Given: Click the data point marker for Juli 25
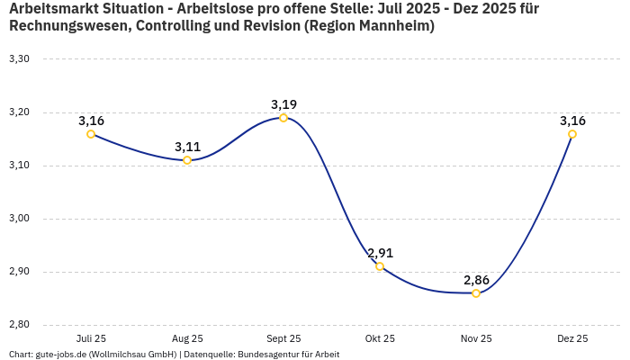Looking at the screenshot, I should (x=91, y=134).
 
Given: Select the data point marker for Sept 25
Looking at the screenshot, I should (x=283, y=118).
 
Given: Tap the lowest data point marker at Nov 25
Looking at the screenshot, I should (x=476, y=293).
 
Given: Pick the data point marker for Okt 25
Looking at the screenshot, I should (x=380, y=266).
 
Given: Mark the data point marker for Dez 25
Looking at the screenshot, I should (x=572, y=134).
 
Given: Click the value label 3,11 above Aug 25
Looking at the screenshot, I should (x=187, y=147).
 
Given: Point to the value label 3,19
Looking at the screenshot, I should (x=283, y=104).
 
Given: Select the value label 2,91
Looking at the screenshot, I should (x=380, y=253).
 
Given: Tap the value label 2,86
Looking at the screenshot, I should (x=476, y=280).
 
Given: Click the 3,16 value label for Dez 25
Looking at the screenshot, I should (x=572, y=121).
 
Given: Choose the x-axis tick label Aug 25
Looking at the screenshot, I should (x=187, y=338).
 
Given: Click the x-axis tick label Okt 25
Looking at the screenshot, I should (x=380, y=338).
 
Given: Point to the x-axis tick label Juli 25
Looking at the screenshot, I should (x=91, y=338).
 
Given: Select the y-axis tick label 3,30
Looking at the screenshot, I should (x=19, y=59).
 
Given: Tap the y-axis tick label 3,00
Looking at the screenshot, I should (x=19, y=219).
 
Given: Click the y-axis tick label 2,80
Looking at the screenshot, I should (x=19, y=325).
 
